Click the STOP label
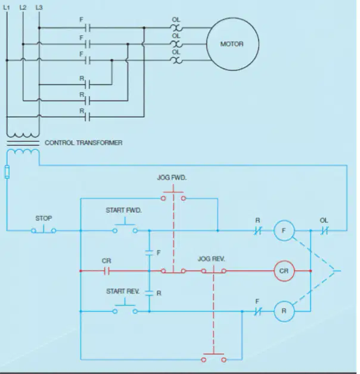44,218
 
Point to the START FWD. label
123,210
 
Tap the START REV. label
123,291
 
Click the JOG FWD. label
172,177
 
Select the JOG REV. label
211,259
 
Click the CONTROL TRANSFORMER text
83,143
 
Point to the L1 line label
7,7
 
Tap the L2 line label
23,7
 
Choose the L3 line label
39,7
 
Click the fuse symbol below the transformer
7,172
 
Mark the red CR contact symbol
107,271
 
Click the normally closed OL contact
324,230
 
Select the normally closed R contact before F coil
257,230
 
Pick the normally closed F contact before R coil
257,311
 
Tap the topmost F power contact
88,28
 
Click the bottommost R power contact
88,117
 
